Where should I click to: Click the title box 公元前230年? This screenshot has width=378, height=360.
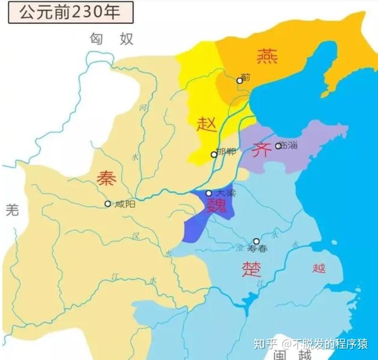71,12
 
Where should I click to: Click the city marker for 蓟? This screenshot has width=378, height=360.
240,81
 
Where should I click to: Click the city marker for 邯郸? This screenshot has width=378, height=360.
214,154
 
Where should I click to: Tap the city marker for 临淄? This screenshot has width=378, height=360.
278,145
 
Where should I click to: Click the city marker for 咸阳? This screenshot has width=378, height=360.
108,204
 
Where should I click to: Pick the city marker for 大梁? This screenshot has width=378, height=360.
209,193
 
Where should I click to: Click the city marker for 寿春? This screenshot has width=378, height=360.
256,241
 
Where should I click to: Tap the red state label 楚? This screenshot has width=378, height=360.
251,269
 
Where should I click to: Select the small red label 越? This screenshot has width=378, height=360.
319,268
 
